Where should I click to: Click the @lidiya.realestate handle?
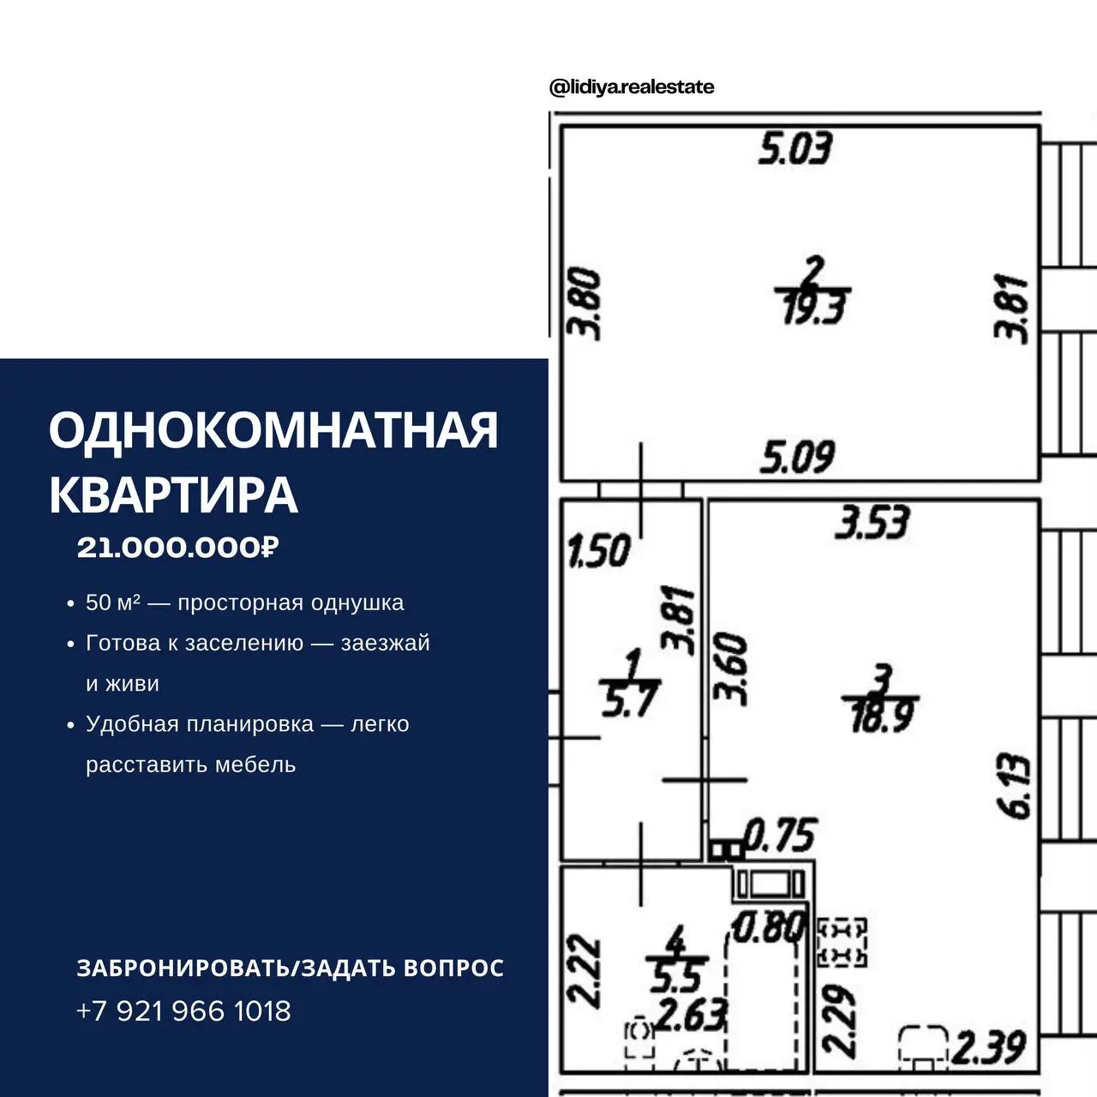[x=632, y=87]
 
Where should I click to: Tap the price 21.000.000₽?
[x=178, y=548]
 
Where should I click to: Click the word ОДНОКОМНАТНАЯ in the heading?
[x=274, y=430]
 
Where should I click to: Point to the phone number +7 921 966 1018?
[x=183, y=1011]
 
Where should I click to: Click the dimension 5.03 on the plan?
[x=795, y=148]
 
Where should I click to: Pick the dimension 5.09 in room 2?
[x=797, y=457]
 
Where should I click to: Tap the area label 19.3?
[x=814, y=309]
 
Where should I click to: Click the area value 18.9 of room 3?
[x=881, y=716]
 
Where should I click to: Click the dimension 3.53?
[x=872, y=522]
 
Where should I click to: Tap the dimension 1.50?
[x=599, y=550]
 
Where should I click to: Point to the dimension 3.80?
[x=584, y=304]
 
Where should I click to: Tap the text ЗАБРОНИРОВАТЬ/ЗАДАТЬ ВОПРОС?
[x=291, y=968]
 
